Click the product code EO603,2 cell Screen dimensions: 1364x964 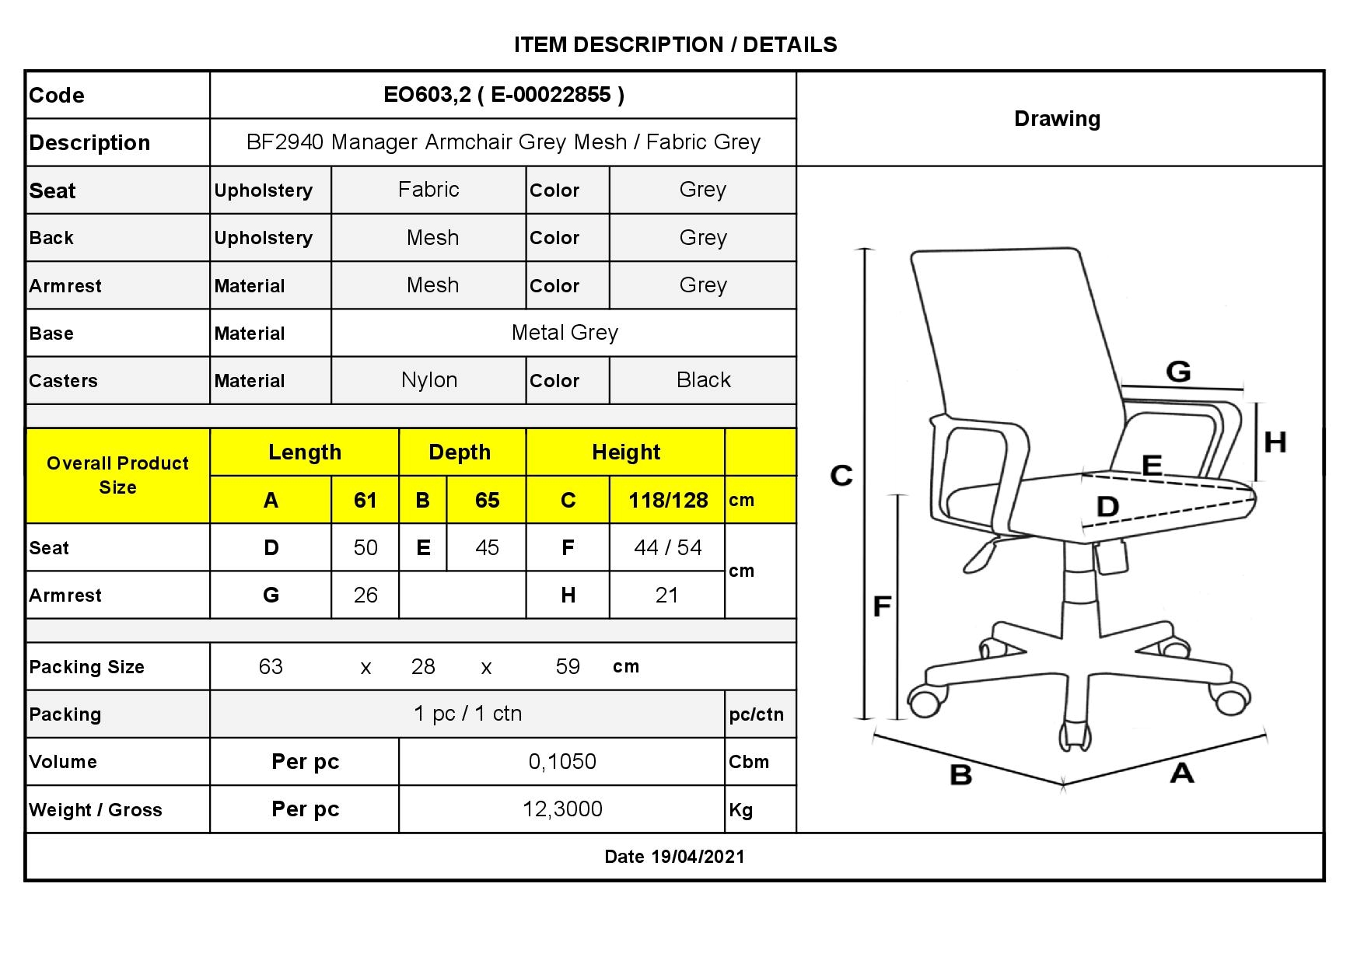pos(503,95)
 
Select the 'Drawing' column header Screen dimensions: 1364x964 pos(1057,119)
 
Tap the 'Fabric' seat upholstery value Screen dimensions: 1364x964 pos(428,190)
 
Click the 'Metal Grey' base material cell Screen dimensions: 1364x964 pos(565,333)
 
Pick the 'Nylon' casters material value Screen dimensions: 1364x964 pos(429,380)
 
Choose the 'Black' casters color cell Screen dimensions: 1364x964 pos(703,380)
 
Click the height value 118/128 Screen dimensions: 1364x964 pos(668,500)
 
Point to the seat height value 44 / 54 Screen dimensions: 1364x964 pos(667,547)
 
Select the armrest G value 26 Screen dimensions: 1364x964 pos(365,596)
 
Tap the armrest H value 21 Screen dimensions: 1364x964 pos(667,596)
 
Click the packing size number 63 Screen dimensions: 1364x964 pos(271,666)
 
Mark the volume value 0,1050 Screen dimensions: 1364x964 pos(562,762)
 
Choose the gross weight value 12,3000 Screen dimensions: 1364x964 pos(562,809)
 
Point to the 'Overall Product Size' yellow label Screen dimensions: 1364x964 pos(117,475)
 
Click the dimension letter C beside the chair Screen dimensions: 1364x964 pos(841,475)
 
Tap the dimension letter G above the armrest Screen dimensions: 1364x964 pos(1178,372)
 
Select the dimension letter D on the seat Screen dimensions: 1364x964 pos(1107,507)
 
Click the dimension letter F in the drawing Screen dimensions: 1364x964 pos(881,606)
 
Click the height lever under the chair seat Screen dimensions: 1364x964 pos(981,554)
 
